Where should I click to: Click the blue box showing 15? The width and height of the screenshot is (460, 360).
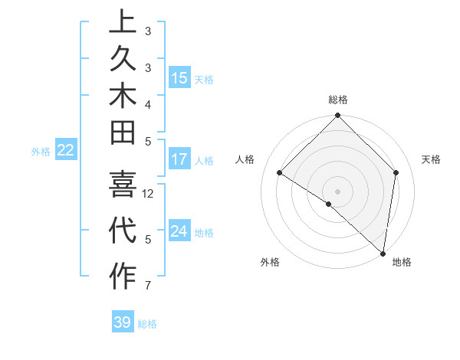tap(179, 78)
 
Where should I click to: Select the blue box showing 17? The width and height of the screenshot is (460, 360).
tap(179, 160)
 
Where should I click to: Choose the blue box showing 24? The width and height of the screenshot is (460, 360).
tap(179, 231)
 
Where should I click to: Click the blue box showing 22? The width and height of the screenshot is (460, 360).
tap(66, 151)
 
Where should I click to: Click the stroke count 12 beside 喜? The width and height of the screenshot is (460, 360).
tap(148, 194)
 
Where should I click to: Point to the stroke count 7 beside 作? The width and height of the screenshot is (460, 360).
tap(148, 286)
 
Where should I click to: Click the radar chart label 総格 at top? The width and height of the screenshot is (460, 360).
tap(338, 100)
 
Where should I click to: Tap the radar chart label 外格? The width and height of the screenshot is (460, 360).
tap(270, 262)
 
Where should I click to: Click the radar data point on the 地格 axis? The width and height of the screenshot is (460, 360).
tap(383, 253)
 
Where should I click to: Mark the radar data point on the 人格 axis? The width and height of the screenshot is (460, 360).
tap(280, 173)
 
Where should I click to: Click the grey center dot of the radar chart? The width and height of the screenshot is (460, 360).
tap(337, 191)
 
